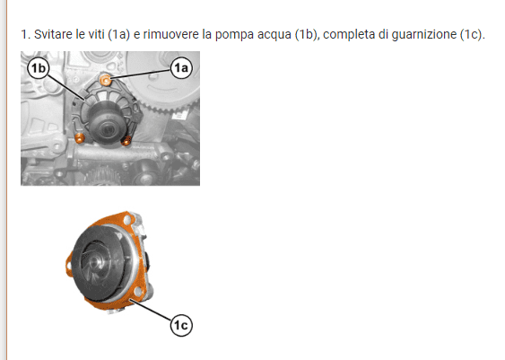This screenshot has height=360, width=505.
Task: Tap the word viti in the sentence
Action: point(96,34)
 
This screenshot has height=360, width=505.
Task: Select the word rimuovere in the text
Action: point(170,34)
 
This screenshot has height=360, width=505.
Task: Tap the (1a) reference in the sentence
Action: point(118,34)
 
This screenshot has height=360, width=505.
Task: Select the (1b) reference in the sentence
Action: point(307,34)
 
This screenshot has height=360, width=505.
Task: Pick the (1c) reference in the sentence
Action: point(471,34)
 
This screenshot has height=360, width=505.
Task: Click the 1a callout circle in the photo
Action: point(181,68)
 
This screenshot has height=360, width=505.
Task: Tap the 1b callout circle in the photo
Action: point(39,68)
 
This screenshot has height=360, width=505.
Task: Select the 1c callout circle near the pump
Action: point(181,325)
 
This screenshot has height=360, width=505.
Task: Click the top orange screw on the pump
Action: point(105,80)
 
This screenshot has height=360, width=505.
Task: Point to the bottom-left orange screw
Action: point(80,138)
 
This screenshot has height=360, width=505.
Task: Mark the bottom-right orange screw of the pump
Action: point(126,141)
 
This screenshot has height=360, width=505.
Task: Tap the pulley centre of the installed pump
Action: point(106,129)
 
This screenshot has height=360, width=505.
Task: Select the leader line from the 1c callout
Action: point(151,310)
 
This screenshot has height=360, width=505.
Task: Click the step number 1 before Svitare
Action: point(25,34)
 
